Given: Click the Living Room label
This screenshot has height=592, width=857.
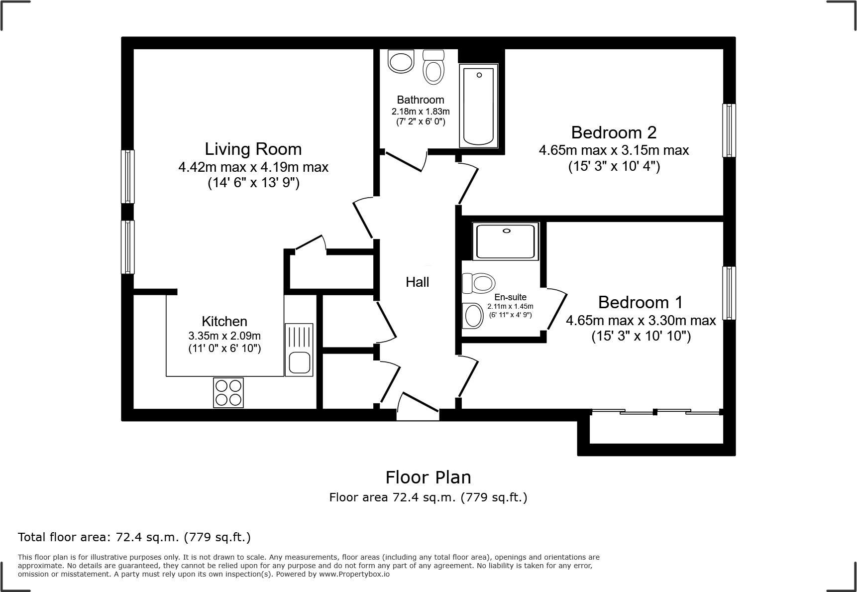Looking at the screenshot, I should [253, 149].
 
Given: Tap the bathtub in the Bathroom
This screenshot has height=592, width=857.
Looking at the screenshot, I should [478, 106].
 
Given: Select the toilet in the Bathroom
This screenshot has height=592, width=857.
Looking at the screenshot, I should [433, 67].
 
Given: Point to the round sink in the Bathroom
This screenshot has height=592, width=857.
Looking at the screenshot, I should [401, 62].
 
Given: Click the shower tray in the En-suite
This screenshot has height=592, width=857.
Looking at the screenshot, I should [505, 241].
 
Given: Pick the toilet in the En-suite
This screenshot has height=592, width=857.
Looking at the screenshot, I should [478, 283].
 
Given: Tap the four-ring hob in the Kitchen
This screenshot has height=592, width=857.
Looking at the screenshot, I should [228, 392].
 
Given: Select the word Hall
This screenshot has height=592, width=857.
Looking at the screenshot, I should [417, 282].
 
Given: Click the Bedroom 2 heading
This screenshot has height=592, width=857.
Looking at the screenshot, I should [614, 132].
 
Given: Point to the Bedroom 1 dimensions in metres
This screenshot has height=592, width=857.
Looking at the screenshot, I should [641, 321].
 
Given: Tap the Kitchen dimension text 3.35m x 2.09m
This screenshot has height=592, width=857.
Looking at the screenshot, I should [224, 336].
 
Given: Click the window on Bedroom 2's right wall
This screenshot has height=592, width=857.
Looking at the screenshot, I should [729, 130].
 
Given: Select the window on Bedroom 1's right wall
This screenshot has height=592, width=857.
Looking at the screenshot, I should [729, 293].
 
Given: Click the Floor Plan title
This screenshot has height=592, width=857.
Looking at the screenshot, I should [428, 477].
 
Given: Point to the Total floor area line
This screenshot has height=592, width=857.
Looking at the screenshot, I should [134, 537].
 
